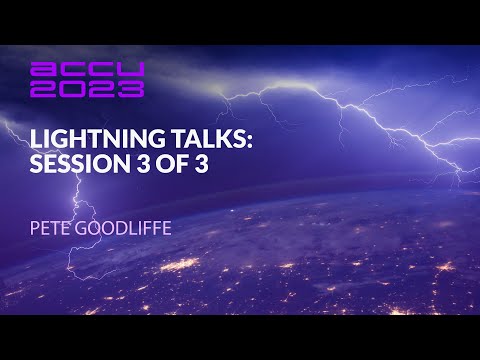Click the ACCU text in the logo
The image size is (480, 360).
(x=88, y=70)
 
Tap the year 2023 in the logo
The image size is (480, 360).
(x=88, y=89)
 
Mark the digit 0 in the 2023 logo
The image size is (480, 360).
(x=74, y=89)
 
